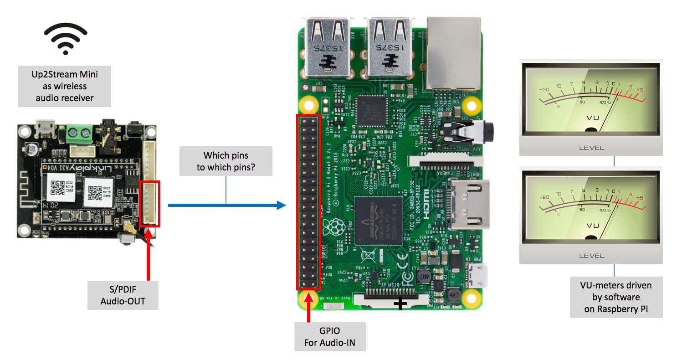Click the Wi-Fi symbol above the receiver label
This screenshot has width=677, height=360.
(x=66, y=39)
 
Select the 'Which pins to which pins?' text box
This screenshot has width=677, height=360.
(x=226, y=161)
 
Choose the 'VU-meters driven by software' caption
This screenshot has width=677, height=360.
(x=615, y=298)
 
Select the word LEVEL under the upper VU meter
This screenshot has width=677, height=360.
(x=591, y=148)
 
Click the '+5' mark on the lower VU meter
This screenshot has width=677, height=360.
(x=639, y=198)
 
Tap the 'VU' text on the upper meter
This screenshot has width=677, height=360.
(x=592, y=118)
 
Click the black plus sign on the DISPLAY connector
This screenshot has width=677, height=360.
(x=400, y=303)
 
